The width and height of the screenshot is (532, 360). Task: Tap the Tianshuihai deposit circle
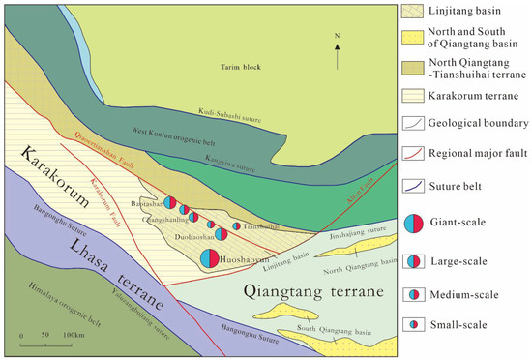click(237, 226)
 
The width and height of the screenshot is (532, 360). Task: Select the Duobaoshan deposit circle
click(221, 233)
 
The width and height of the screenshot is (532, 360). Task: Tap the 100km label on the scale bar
click(74, 335)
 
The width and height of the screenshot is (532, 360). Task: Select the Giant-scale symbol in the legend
click(413, 224)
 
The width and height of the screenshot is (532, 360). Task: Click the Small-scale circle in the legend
click(413, 323)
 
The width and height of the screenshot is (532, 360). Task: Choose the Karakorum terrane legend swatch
click(412, 96)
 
